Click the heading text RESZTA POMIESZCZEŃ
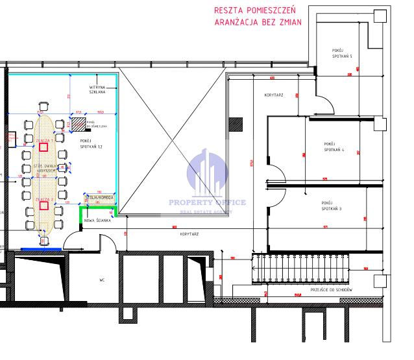(x=255, y=10)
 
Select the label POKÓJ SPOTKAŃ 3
(x=331, y=206)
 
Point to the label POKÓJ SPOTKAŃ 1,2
(x=91, y=143)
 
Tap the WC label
(x=102, y=281)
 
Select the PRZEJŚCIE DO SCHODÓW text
(x=331, y=289)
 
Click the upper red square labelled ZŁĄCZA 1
(x=43, y=147)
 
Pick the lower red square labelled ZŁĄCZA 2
(x=43, y=206)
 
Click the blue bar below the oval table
(x=40, y=248)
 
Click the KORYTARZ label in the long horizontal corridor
(x=189, y=234)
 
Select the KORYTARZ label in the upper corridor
(x=274, y=95)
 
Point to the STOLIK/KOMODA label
(x=101, y=197)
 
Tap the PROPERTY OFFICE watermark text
(x=207, y=202)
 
